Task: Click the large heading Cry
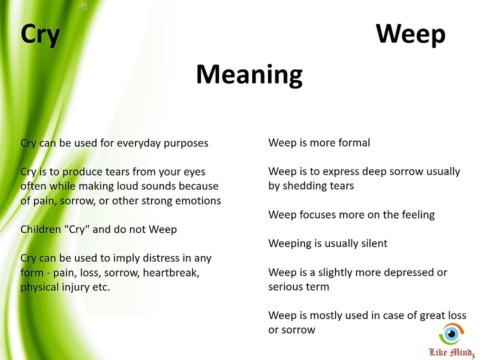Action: coord(40,35)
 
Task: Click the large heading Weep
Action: coord(410,34)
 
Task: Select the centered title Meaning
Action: coord(249,74)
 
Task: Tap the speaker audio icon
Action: coord(83,6)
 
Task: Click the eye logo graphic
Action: coord(451,333)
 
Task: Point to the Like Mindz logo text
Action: coord(451,352)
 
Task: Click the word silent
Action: coord(374,243)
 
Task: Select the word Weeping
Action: coord(290,244)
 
